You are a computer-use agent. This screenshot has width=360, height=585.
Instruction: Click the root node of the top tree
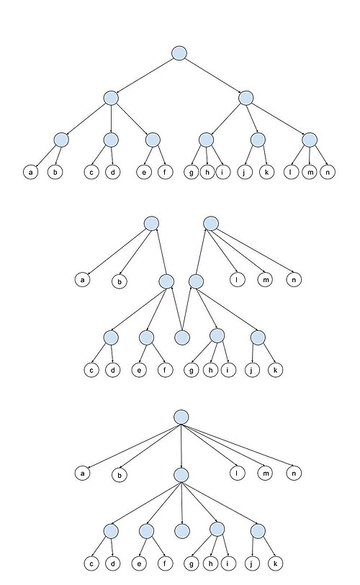pyautogui.click(x=179, y=53)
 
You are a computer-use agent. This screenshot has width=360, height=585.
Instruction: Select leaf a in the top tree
pyautogui.click(x=31, y=172)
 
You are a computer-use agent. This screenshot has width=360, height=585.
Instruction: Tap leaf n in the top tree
pyautogui.click(x=328, y=172)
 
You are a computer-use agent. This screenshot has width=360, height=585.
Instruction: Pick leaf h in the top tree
pyautogui.click(x=207, y=172)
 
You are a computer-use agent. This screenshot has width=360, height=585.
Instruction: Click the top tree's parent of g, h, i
pyautogui.click(x=206, y=140)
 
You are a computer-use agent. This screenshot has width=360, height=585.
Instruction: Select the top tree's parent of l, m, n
pyautogui.click(x=310, y=140)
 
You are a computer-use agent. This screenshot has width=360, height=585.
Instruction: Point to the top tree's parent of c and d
pyautogui.click(x=111, y=140)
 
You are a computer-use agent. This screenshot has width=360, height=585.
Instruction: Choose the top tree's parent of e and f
pyautogui.click(x=153, y=140)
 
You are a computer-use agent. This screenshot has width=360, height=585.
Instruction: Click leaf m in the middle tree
pyautogui.click(x=265, y=279)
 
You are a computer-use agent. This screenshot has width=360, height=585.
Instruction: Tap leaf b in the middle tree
pyautogui.click(x=119, y=281)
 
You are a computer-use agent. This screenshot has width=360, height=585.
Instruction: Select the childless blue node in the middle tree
pyautogui.click(x=182, y=337)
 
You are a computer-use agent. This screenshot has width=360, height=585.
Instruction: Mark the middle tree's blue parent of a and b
pyautogui.click(x=151, y=224)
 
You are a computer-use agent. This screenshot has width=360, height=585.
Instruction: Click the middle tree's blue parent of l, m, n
pyautogui.click(x=211, y=224)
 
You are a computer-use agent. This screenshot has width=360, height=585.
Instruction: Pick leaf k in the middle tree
pyautogui.click(x=276, y=370)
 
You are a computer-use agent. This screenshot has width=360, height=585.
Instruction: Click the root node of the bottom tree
pyautogui.click(x=181, y=417)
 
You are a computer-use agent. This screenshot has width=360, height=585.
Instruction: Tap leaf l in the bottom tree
pyautogui.click(x=237, y=473)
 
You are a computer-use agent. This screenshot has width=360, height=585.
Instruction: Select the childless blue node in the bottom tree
pyautogui.click(x=182, y=531)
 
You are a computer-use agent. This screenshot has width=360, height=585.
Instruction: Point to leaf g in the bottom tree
pyautogui.click(x=192, y=563)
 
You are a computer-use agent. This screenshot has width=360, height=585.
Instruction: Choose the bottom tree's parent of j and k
pyautogui.click(x=258, y=531)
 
